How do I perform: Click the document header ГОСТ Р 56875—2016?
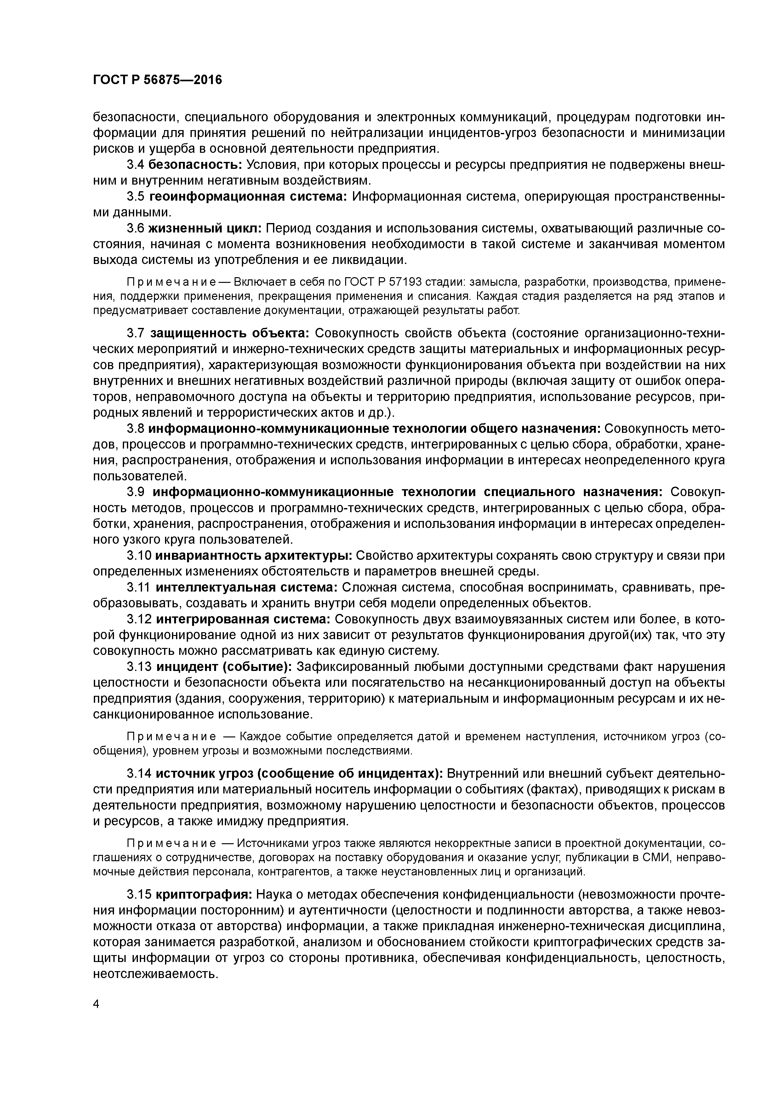[157, 80]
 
